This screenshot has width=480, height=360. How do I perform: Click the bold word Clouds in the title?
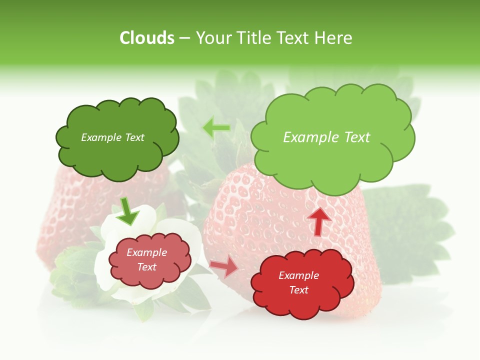pyautogui.click(x=147, y=38)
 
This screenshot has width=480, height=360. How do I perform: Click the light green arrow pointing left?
pyautogui.click(x=216, y=128)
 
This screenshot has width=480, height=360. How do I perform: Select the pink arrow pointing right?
pyautogui.click(x=224, y=266)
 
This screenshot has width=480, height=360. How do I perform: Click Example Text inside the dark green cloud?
pyautogui.click(x=112, y=137)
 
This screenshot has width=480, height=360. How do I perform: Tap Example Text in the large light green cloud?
pyautogui.click(x=326, y=137)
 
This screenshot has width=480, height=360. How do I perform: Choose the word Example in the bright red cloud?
pyautogui.click(x=298, y=275)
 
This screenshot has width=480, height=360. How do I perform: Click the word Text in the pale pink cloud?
pyautogui.click(x=147, y=267)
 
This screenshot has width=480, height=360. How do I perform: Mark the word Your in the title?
pyautogui.click(x=212, y=38)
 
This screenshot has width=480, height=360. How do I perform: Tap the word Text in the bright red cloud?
pyautogui.click(x=298, y=290)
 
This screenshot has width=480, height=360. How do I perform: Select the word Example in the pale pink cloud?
pyautogui.click(x=147, y=252)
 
